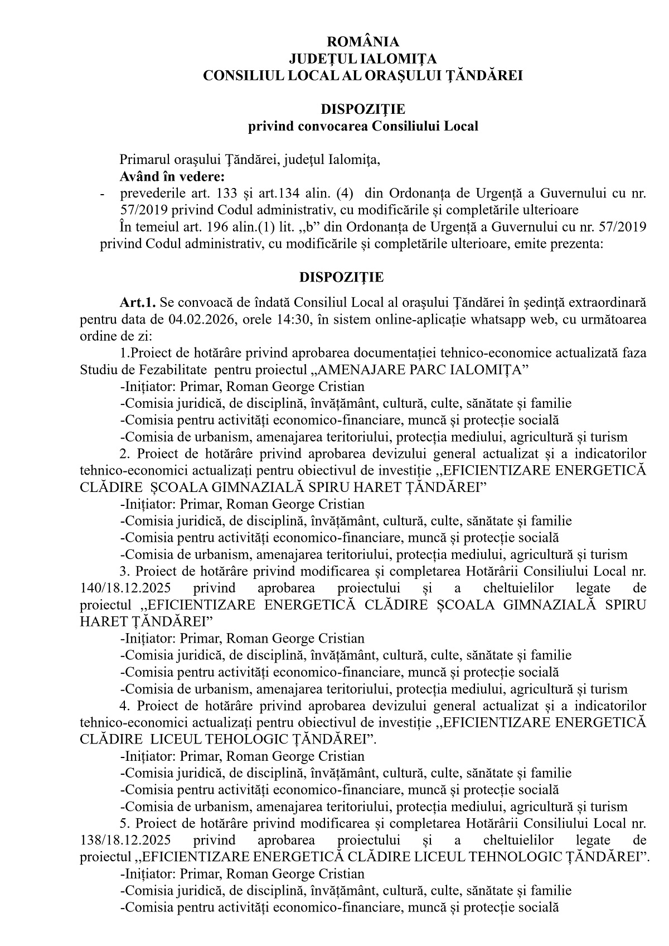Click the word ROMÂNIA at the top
pyautogui.click(x=363, y=42)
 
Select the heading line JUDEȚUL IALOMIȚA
pyautogui.click(x=363, y=59)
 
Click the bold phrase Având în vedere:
pyautogui.click(x=172, y=177)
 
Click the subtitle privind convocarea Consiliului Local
pyautogui.click(x=363, y=126)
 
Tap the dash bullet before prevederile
pyautogui.click(x=102, y=195)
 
